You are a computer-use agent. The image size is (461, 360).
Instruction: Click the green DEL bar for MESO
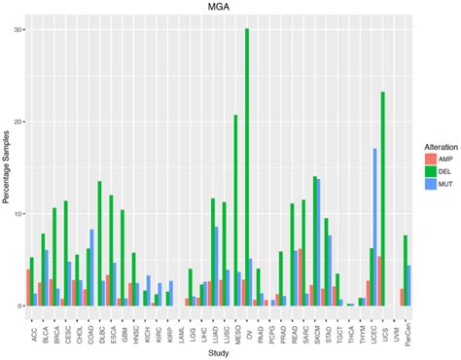(235, 210)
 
